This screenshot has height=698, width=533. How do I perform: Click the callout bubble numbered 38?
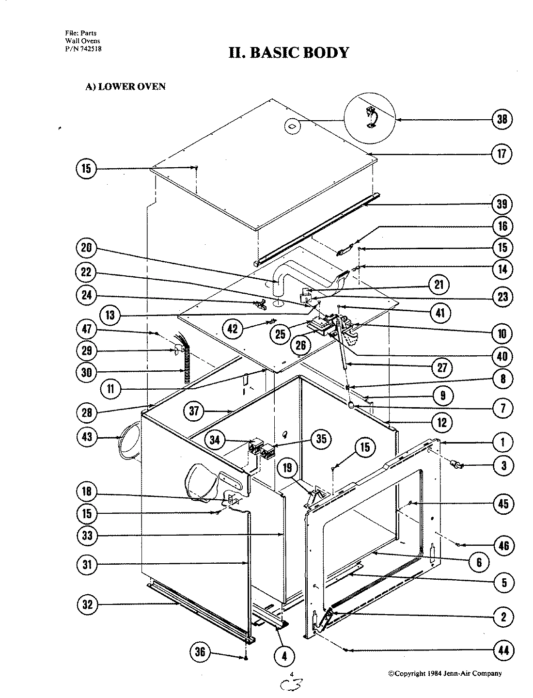click(x=502, y=119)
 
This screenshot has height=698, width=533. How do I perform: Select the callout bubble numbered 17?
click(x=502, y=154)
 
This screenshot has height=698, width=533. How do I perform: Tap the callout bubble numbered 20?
click(x=86, y=249)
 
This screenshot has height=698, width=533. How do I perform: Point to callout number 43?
click(x=87, y=437)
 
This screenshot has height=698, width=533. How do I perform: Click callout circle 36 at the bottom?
click(x=200, y=652)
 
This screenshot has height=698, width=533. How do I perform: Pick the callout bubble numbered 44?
click(x=504, y=650)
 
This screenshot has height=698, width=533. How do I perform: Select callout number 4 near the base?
click(x=284, y=657)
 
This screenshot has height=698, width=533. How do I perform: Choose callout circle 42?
click(x=234, y=329)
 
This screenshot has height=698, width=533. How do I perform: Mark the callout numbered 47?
click(x=87, y=330)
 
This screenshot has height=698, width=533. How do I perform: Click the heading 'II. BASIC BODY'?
click(x=289, y=52)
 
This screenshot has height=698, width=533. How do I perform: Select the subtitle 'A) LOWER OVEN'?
click(x=125, y=87)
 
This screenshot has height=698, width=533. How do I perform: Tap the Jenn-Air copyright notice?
click(x=445, y=673)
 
